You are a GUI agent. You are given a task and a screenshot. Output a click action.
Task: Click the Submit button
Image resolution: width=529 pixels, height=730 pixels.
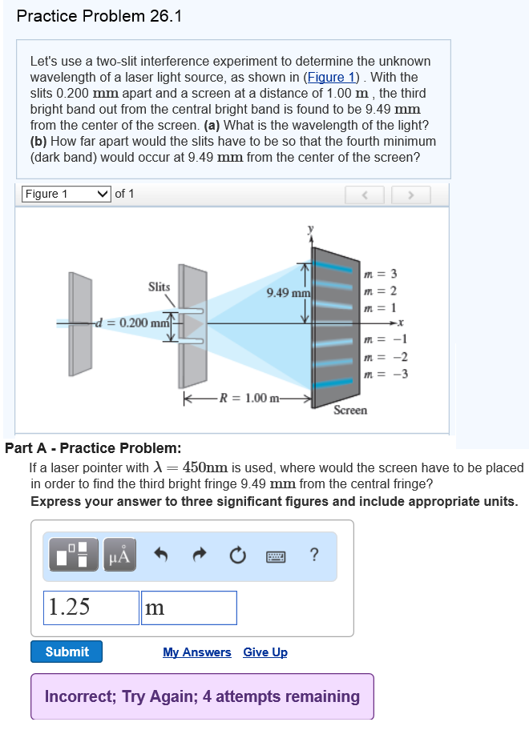(x=67, y=652)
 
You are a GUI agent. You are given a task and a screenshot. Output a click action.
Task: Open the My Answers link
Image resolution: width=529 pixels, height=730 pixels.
(x=196, y=652)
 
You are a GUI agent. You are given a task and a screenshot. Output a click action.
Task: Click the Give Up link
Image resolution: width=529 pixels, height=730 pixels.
(x=265, y=652)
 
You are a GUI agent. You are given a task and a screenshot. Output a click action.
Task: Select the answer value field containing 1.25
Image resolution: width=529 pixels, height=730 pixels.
(x=91, y=608)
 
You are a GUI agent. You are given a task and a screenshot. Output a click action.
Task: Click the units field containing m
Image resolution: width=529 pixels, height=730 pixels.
(x=188, y=608)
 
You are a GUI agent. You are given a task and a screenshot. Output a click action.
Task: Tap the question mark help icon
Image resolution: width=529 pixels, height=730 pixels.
(x=313, y=554)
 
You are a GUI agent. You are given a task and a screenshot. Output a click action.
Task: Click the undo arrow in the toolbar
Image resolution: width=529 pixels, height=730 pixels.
(x=160, y=554)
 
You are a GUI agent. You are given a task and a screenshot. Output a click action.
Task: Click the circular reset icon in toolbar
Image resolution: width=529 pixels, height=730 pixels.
(x=238, y=554)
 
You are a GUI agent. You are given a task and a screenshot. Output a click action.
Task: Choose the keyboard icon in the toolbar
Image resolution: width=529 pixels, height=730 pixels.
(x=276, y=554)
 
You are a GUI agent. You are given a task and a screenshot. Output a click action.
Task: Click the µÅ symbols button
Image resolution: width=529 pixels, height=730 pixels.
(x=119, y=554)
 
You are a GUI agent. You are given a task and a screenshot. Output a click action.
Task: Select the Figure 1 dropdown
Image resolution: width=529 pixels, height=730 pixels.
(x=66, y=194)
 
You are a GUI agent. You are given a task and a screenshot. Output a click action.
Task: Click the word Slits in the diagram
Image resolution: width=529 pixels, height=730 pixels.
(x=159, y=286)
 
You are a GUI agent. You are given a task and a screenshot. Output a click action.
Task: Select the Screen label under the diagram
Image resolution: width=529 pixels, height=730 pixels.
(x=350, y=410)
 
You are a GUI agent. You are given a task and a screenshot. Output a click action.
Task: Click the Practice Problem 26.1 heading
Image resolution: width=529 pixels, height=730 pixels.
(x=99, y=16)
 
